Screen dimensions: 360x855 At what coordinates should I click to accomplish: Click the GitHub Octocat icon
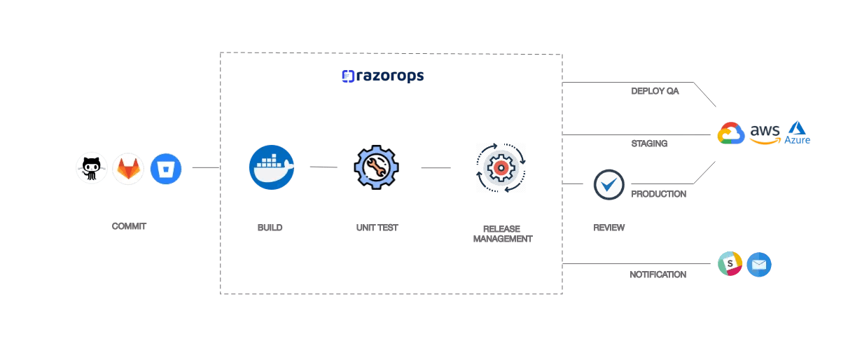point(92,168)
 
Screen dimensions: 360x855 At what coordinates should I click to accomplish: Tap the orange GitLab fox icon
point(128,169)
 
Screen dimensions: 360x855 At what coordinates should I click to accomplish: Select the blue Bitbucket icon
point(166,168)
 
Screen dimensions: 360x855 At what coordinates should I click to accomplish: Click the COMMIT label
point(130,226)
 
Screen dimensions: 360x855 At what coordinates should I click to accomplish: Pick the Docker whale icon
point(271,167)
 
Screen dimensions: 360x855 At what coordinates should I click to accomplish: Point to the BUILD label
point(270,228)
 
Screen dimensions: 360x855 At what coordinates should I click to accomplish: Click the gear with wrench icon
point(376,167)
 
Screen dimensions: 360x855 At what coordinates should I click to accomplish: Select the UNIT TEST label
point(377,228)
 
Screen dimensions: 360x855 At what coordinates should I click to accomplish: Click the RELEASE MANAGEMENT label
point(502,233)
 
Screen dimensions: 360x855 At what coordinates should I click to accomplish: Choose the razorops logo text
point(382,76)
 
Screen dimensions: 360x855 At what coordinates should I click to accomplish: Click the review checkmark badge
point(609,185)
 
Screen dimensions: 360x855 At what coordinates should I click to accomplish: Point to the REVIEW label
point(609,228)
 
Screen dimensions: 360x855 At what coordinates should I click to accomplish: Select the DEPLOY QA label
point(655,91)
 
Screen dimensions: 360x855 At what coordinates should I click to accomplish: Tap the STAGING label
point(649,143)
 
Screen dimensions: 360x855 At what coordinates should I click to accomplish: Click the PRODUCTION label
point(658,193)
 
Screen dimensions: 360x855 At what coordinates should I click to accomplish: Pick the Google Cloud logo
point(730,133)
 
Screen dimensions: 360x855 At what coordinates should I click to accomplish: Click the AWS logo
point(764,133)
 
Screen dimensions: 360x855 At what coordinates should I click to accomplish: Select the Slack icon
point(730,264)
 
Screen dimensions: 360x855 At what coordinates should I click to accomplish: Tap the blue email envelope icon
point(758,265)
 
